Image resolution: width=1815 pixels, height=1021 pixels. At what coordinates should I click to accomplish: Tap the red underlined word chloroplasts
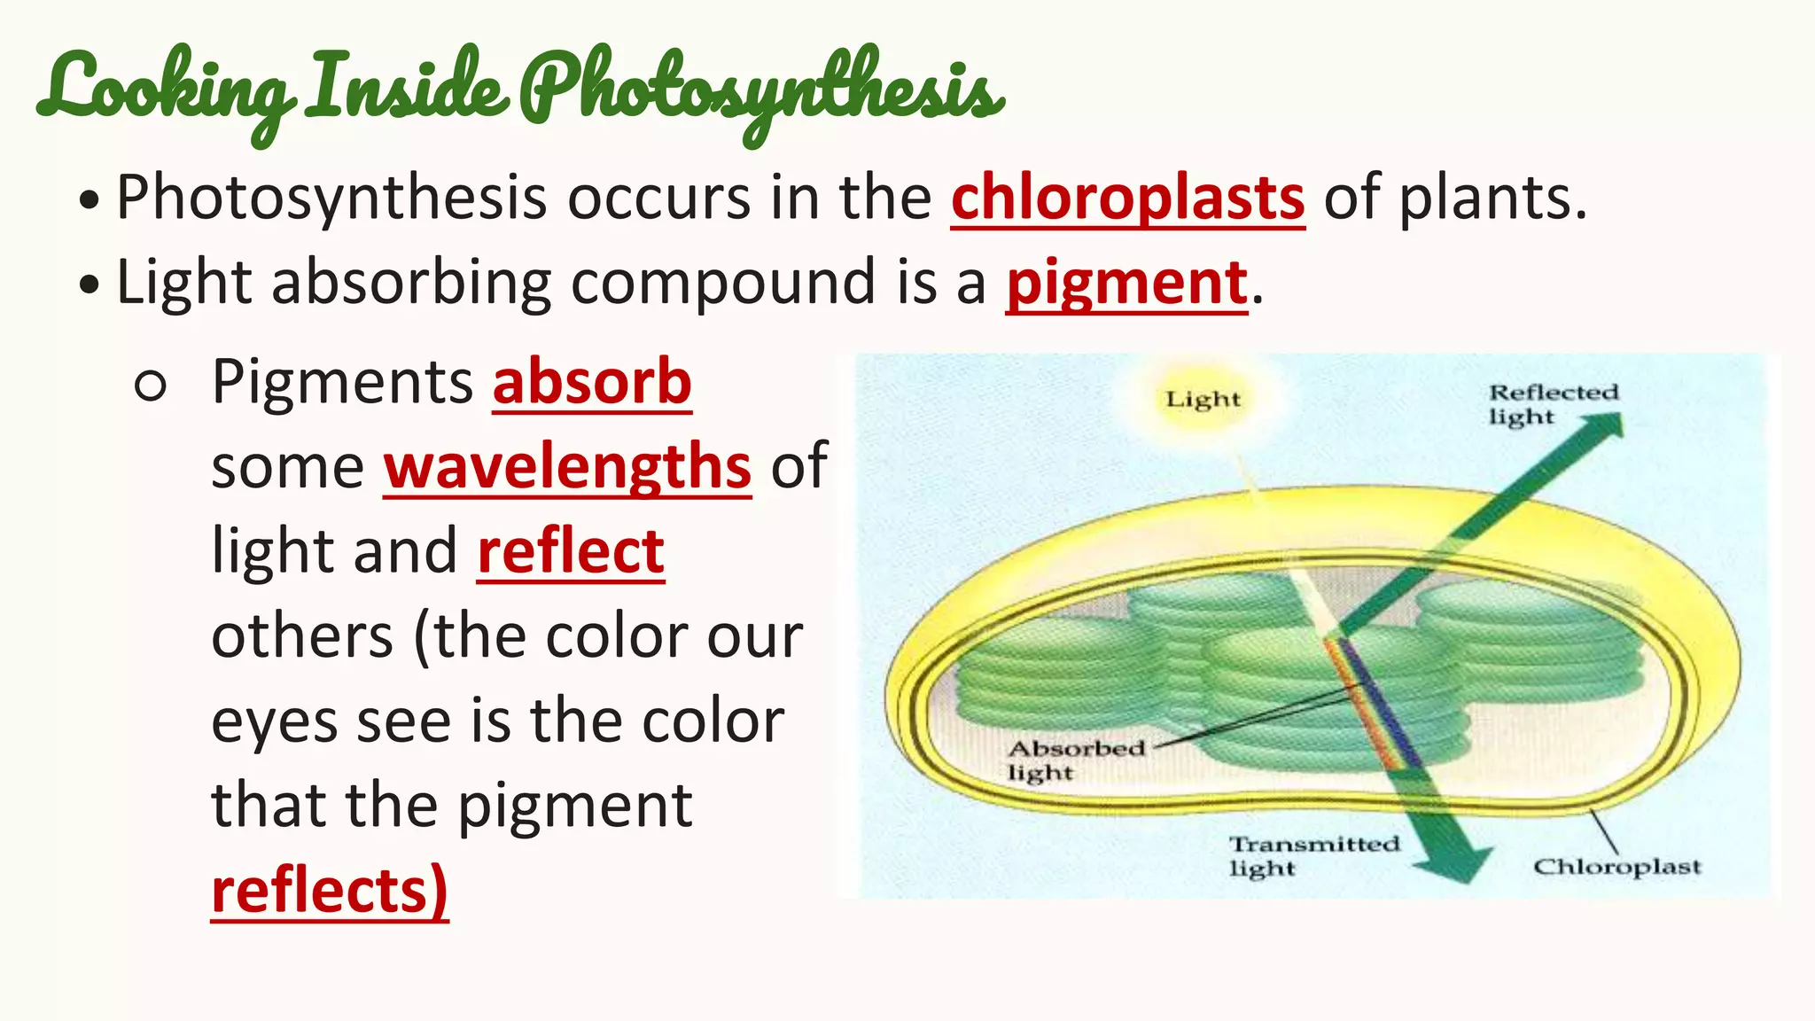pos(1127,198)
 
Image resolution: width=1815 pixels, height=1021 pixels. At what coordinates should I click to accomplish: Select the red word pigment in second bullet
pos(1126,284)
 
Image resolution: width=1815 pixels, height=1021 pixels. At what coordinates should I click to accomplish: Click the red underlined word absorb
pos(592,383)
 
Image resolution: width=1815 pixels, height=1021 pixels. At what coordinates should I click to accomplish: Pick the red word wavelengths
pos(567,467)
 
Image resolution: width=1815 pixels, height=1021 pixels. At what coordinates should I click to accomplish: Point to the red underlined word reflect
pos(571,551)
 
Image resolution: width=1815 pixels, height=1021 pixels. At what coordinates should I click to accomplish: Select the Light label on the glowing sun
pos(1203,400)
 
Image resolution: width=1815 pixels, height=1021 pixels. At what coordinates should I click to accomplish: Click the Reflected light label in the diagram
pos(1552,404)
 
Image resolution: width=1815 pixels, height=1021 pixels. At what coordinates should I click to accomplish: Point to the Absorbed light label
pos(1075,760)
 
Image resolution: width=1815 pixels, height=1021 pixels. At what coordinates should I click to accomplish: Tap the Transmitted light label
pos(1313,855)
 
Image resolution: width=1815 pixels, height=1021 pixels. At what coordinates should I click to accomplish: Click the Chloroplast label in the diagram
pos(1616,867)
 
